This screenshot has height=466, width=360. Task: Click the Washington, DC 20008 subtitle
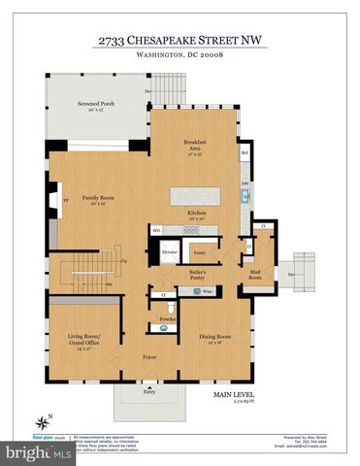tap(180, 60)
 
